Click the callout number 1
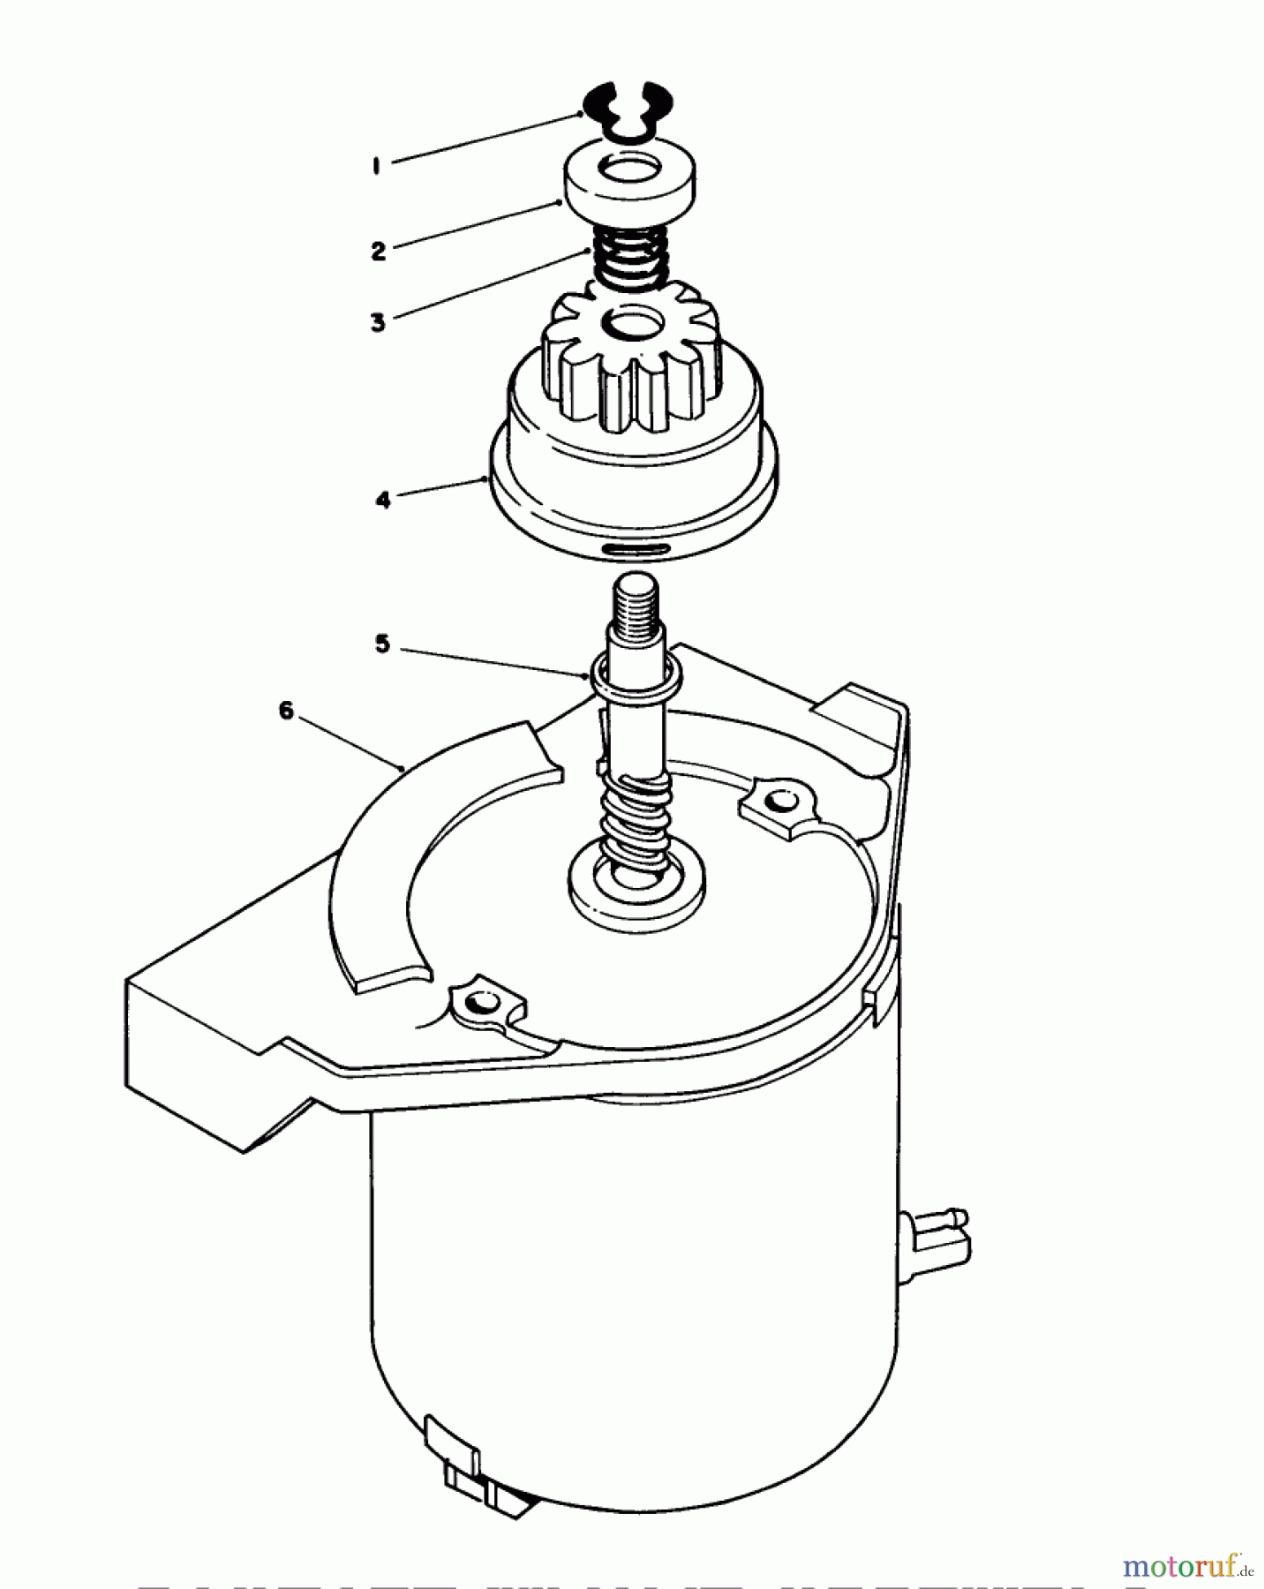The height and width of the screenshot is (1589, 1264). (377, 166)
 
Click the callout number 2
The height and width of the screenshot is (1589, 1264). (379, 251)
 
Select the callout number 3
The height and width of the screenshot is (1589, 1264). (379, 322)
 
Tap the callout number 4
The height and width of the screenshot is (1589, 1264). (382, 500)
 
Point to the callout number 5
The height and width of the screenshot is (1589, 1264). (382, 644)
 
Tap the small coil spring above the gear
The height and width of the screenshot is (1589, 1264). (628, 256)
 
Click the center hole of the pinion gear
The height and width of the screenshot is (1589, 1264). (633, 324)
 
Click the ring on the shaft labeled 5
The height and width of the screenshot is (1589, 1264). (636, 674)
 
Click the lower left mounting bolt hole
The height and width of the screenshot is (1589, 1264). (482, 1003)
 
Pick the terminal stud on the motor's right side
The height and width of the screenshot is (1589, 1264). (941, 1231)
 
